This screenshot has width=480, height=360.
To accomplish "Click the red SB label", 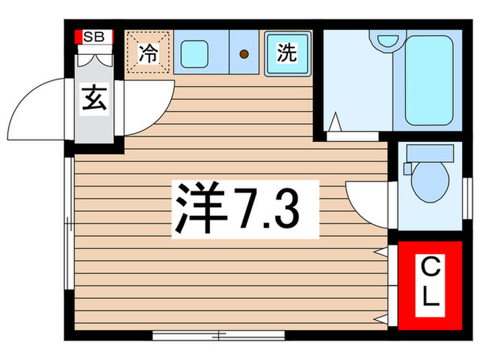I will click(94, 37).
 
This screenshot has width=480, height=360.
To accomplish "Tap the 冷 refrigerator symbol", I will click(147, 53).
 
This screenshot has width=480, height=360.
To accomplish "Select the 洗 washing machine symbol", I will click(287, 52).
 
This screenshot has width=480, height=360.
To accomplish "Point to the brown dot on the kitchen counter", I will click(243, 53).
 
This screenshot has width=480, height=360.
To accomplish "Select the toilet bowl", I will click(431, 180).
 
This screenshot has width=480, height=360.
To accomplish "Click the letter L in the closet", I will click(429, 296).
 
